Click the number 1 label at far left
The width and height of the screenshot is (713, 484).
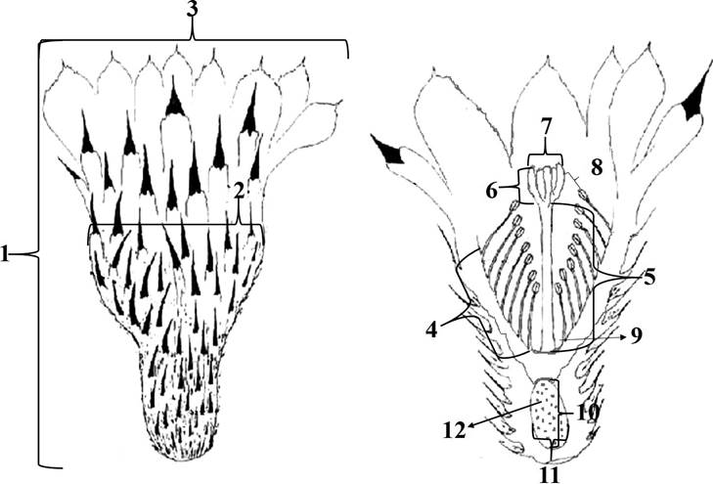[8, 255]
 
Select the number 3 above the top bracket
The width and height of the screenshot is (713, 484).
[193, 13]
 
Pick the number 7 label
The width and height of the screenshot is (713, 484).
[543, 129]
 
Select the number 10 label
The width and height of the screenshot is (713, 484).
[588, 413]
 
